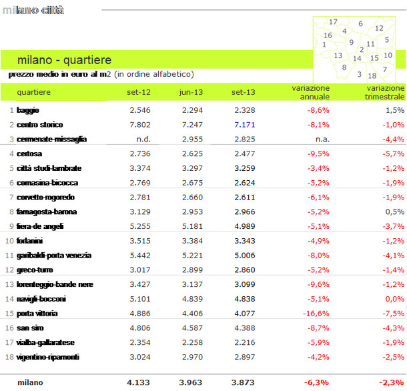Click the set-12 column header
point(139,92)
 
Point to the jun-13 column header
point(191,92)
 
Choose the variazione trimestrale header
point(385,92)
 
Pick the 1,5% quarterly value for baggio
point(394,110)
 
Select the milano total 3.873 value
point(242,382)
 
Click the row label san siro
point(30,328)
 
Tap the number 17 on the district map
point(334,22)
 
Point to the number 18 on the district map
point(372,75)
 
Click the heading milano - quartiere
point(64,60)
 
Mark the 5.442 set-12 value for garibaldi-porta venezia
point(140,255)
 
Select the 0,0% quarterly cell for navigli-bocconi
point(394,299)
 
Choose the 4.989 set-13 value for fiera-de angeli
point(244,226)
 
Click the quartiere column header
point(33,92)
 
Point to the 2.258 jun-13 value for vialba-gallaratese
point(192,342)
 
